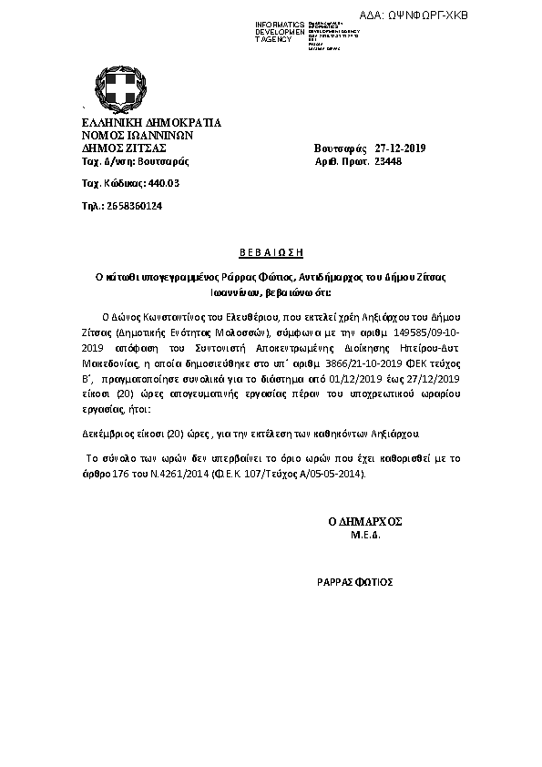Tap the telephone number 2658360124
click(x=134, y=206)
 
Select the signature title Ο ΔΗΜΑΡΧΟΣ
click(x=364, y=521)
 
